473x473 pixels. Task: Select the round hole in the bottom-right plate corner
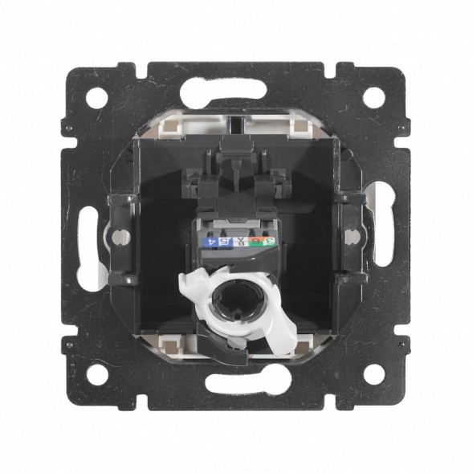click(x=373, y=374)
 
